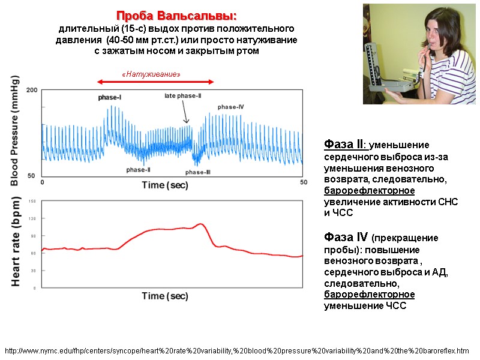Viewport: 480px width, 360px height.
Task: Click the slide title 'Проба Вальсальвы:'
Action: pos(176,15)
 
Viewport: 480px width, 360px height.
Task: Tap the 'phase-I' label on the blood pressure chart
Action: pos(110,97)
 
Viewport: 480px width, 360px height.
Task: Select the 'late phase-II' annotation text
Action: pos(183,96)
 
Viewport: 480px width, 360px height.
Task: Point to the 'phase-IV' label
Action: pos(230,107)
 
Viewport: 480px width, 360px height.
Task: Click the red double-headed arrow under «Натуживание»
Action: pos(156,82)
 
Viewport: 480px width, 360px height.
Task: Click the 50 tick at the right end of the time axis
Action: pos(304,182)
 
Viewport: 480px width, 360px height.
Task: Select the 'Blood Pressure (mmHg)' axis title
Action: pos(16,130)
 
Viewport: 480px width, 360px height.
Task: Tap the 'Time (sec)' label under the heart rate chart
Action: pos(164,296)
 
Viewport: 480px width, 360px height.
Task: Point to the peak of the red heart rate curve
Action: pos(201,224)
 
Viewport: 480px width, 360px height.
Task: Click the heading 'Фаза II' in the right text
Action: pos(344,145)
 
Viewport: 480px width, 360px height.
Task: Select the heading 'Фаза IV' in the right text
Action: pos(346,237)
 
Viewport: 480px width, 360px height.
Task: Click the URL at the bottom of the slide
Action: pos(236,350)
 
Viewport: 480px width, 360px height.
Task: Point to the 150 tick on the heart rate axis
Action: pos(32,201)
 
